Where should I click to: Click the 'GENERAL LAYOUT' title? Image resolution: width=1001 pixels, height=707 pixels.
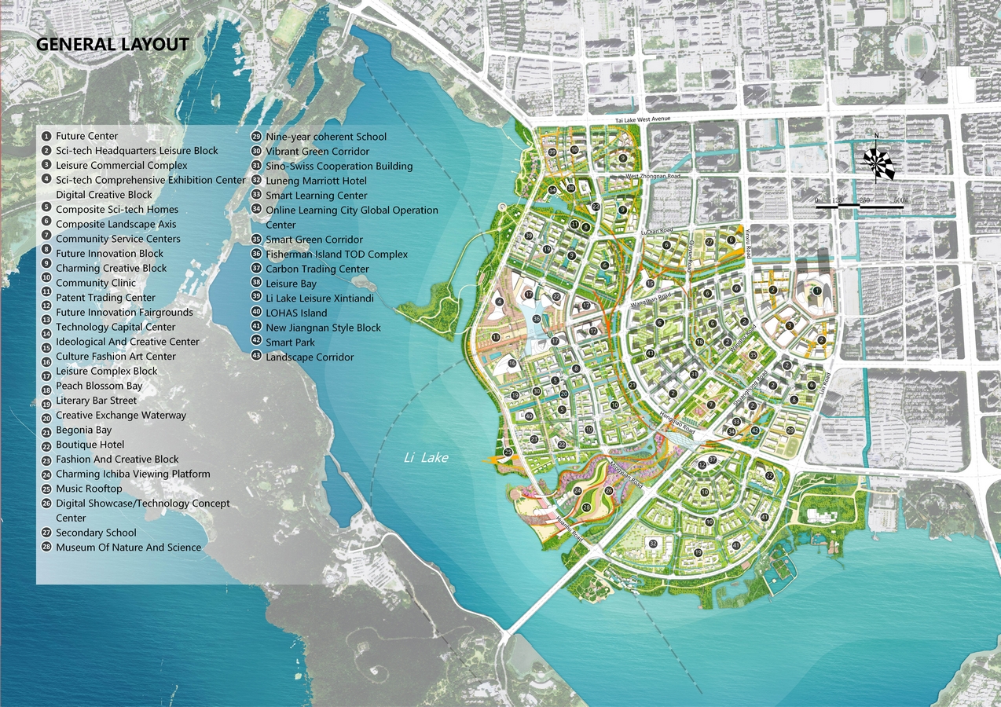pyautogui.click(x=112, y=44)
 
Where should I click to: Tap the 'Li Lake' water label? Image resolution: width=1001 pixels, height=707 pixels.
pyautogui.click(x=426, y=457)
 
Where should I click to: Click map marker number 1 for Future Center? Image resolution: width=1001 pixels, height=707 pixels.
pyautogui.click(x=817, y=291)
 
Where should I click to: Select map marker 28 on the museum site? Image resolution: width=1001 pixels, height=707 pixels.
pyautogui.click(x=586, y=508)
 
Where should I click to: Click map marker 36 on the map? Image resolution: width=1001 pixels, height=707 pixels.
pyautogui.click(x=537, y=319)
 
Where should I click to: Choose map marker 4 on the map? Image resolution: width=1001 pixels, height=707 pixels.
pyautogui.click(x=500, y=301)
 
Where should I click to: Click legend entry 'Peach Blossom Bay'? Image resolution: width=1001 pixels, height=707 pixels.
pyautogui.click(x=99, y=386)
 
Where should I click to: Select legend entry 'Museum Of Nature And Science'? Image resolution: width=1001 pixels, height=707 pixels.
pyautogui.click(x=128, y=548)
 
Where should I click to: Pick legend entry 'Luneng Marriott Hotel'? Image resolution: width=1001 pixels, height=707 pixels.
pyautogui.click(x=316, y=181)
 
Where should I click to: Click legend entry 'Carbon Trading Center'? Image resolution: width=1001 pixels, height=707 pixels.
pyautogui.click(x=317, y=269)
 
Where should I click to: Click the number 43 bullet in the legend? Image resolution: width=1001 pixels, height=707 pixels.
pyautogui.click(x=256, y=357)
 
